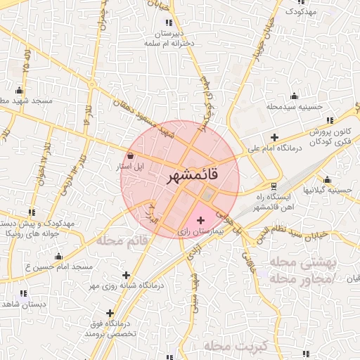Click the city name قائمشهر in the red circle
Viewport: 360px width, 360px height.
(x=192, y=175)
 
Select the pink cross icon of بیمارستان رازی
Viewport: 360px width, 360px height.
(x=201, y=220)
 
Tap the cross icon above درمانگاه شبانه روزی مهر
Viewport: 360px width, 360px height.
(x=126, y=275)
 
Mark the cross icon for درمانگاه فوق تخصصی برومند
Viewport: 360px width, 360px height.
(x=110, y=313)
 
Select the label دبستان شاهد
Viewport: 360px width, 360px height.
(x=19, y=303)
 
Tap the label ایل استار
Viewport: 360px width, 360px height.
(x=129, y=167)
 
